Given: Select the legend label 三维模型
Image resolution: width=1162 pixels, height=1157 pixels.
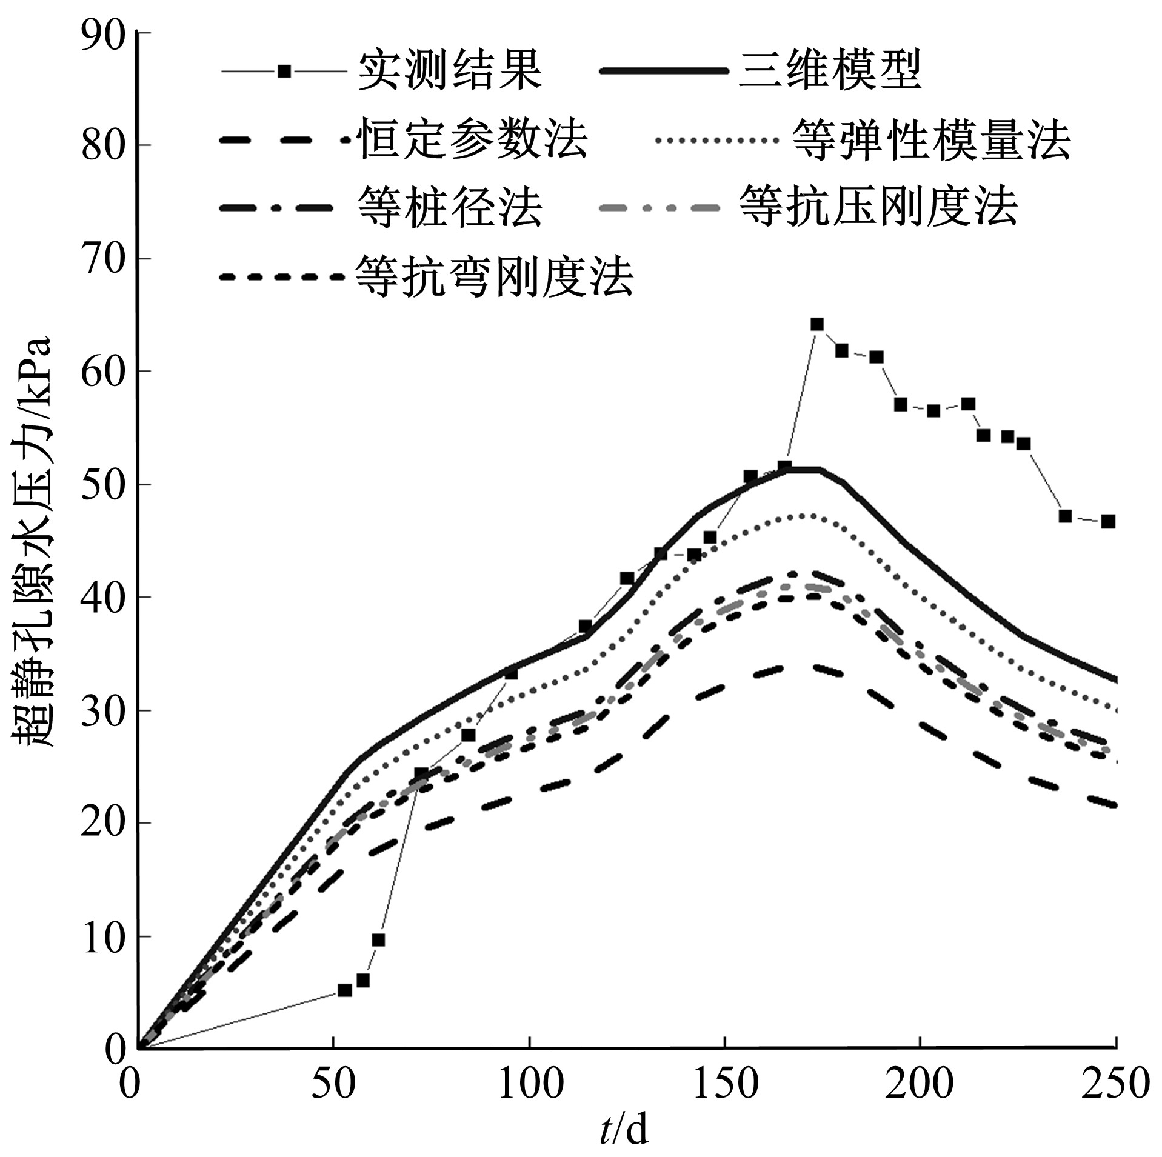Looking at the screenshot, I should [x=830, y=72].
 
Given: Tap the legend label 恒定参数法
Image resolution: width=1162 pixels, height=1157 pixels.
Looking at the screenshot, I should [x=474, y=140].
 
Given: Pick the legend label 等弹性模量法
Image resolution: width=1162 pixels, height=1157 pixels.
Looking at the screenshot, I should [x=931, y=140].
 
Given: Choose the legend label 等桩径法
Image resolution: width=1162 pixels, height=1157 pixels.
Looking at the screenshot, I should [x=449, y=208].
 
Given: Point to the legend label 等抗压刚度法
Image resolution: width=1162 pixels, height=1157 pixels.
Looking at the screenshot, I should [x=879, y=208].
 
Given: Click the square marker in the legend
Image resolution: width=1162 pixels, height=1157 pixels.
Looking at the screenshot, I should [x=284, y=72].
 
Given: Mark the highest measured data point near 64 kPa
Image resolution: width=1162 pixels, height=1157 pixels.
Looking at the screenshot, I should [x=817, y=324].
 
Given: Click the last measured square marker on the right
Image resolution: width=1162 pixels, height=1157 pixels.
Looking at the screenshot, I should [x=1108, y=521].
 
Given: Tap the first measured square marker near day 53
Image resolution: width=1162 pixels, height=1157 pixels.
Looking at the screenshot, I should [x=344, y=990].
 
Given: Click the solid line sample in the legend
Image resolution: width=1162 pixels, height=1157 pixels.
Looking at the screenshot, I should [x=664, y=72].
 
